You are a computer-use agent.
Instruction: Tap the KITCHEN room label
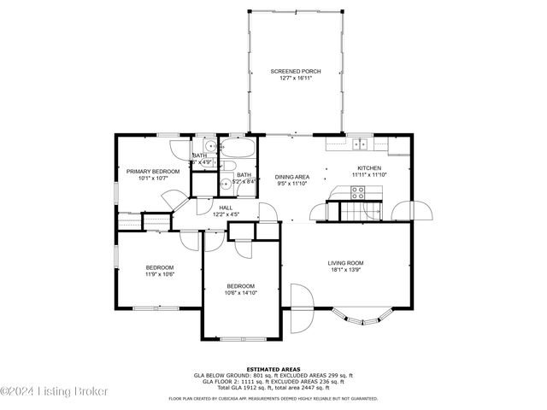pos(369,167)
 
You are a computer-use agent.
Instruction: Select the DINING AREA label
pos(291,177)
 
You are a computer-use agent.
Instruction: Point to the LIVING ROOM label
pos(346,263)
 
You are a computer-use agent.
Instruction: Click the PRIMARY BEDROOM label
pos(153,172)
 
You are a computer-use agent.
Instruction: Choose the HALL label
pos(226,208)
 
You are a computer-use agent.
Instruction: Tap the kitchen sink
pos(362,144)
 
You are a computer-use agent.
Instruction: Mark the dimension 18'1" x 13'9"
pos(346,270)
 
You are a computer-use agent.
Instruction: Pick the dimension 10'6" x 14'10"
pos(240,292)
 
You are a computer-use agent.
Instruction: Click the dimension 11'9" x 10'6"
pos(159,274)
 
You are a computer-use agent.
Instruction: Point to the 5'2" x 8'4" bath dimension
pos(244,181)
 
